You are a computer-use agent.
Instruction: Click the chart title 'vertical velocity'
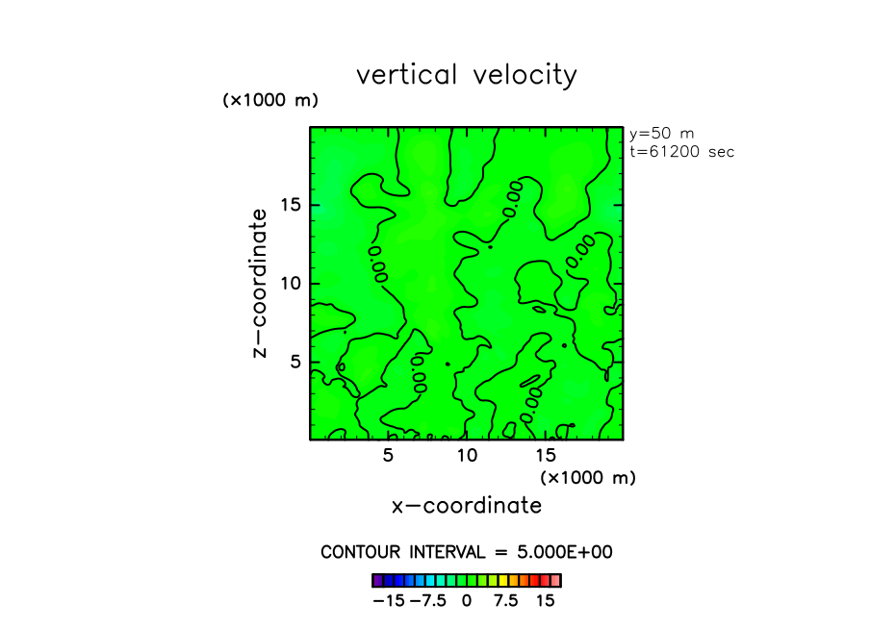(467, 75)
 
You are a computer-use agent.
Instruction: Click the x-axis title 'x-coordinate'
(467, 506)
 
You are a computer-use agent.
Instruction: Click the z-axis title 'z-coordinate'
(258, 288)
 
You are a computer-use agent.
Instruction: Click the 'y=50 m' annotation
(661, 134)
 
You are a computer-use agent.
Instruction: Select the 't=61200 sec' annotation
(681, 152)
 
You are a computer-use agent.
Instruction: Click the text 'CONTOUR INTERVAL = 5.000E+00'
(467, 553)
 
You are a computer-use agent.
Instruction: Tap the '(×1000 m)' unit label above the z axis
(270, 100)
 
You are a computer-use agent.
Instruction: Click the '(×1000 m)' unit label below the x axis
(588, 477)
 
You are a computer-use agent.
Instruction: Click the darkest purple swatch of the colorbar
(378, 581)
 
